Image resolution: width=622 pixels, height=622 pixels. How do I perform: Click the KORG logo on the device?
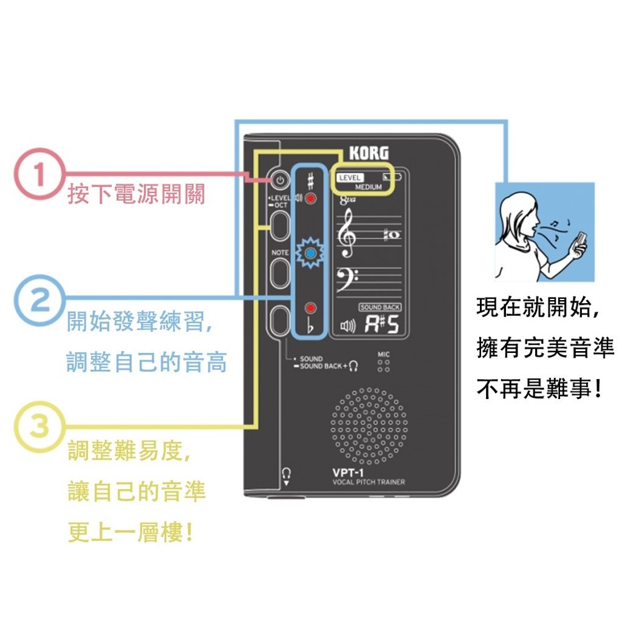369,153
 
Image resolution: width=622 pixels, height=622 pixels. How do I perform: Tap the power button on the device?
280,180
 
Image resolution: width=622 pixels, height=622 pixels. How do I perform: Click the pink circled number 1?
39,174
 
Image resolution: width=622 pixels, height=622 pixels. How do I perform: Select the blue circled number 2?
39,301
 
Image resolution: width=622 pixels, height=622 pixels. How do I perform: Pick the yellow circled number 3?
39,427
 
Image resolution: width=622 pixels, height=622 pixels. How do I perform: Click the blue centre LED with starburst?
310,253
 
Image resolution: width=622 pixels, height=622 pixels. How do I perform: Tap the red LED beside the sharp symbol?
310,199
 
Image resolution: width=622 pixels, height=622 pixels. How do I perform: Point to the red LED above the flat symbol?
310,308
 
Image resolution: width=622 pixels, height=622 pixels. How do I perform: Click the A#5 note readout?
381,324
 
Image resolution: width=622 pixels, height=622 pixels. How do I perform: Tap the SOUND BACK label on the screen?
380,307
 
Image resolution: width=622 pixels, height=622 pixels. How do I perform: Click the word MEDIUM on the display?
369,187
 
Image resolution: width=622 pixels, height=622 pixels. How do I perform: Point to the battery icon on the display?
392,177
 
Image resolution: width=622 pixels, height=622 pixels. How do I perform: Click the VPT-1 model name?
348,473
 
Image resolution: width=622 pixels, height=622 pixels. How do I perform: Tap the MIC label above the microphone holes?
384,354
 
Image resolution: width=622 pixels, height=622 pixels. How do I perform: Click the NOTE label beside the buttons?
280,253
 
